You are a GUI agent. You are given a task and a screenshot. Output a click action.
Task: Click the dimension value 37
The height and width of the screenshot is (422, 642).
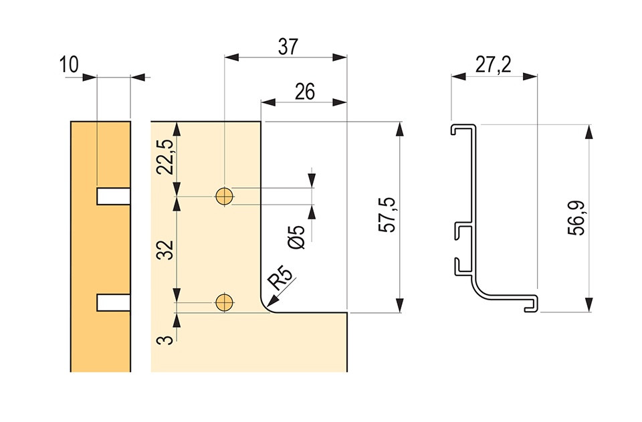point(288,47)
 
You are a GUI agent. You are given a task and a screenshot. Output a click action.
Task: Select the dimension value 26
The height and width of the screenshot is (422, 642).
point(305,92)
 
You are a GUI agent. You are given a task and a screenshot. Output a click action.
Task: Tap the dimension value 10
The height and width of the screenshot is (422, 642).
point(69,65)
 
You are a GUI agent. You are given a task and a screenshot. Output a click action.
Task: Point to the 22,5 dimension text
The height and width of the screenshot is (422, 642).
point(167,156)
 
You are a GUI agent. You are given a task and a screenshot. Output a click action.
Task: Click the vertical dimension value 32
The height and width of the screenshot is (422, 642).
point(167,249)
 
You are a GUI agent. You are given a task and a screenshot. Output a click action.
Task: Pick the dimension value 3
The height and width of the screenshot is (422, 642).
point(167,340)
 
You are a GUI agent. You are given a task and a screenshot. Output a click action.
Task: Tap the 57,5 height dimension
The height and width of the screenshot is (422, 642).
point(387,215)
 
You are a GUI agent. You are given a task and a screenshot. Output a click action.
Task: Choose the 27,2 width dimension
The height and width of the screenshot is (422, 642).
point(493,65)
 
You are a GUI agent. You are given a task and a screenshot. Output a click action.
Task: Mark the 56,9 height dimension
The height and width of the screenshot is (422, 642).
point(576,218)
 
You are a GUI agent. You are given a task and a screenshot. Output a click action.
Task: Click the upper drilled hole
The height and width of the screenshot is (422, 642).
point(225,196)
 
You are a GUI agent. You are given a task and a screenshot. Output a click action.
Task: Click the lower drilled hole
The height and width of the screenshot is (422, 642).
point(225,302)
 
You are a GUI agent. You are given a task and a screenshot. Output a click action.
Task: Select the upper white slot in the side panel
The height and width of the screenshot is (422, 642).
point(114,196)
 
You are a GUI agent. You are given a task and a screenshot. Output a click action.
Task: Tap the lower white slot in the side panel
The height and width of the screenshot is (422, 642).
point(114,302)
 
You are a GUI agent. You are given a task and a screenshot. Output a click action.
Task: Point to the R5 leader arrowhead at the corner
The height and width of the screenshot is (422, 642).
point(271,302)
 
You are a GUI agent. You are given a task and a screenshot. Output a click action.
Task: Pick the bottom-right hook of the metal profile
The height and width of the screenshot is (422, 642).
point(530,304)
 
